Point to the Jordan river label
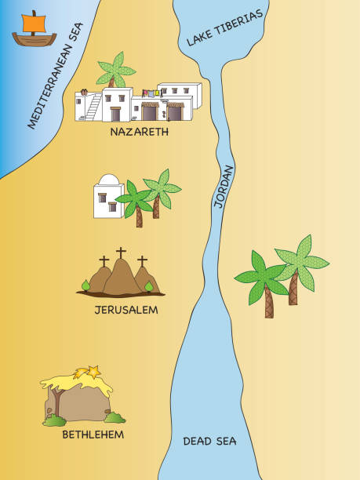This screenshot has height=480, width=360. tap(224, 186)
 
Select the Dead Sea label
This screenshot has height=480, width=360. tap(209, 441)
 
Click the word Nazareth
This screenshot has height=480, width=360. tap(140, 132)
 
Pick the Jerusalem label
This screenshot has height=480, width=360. tap(126, 310)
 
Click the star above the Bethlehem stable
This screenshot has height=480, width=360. tap(92, 370)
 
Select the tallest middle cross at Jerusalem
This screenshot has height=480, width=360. tap(121, 253)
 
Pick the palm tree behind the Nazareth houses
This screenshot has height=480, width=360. tap(115, 70)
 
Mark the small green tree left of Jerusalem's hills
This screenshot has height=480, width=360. tap(86, 285)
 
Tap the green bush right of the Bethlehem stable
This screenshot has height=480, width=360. tap(115, 417)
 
